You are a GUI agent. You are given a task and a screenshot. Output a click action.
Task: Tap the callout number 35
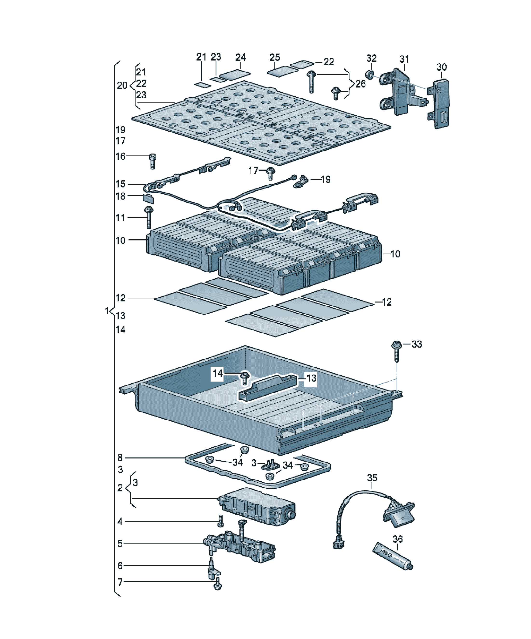coord(372,478)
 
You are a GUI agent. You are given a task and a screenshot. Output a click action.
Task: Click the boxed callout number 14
coord(218,373)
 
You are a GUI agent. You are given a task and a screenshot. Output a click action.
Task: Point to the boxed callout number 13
coord(311,378)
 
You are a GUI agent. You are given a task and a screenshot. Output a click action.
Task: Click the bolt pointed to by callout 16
coord(153,161)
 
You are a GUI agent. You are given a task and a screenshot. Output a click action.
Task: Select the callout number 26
coord(360,84)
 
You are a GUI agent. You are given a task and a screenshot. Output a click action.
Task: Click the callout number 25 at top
coord(275,57)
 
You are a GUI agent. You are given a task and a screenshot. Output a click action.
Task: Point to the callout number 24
coord(240,57)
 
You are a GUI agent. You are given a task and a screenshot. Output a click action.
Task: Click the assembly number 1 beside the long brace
coord(107,311)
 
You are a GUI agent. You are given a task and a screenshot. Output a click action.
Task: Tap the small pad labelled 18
coord(148,199)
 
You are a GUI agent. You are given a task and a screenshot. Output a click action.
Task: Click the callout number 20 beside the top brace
coord(122,86)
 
